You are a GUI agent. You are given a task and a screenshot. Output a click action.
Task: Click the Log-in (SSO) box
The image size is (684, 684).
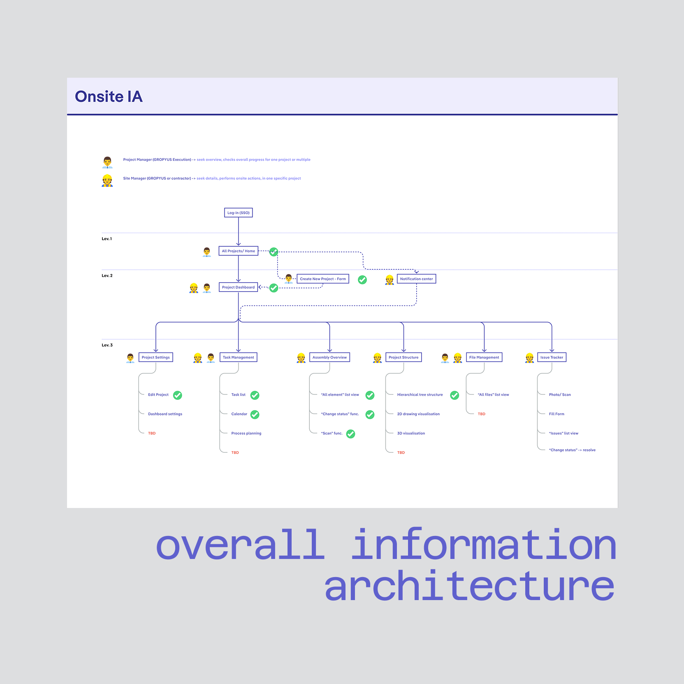coord(239,213)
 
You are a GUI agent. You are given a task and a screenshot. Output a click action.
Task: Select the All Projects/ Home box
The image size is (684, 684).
coord(239,251)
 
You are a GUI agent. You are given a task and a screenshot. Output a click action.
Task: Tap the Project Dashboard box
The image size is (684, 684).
coord(239,287)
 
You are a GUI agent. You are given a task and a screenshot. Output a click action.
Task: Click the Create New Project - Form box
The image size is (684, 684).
coord(323,279)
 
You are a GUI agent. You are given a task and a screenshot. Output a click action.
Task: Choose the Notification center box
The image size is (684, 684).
coord(416,279)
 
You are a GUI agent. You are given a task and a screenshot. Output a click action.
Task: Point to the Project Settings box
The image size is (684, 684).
coord(156,357)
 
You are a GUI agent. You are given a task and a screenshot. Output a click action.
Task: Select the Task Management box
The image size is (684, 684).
coord(239,357)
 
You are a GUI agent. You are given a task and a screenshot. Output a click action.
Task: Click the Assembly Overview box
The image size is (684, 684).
coord(329,357)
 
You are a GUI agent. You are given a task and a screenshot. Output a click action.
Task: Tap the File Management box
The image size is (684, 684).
coord(484,357)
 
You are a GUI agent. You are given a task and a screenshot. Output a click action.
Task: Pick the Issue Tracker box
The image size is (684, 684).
coord(552,357)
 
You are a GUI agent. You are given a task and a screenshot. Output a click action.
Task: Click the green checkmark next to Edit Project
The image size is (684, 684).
coord(178,395)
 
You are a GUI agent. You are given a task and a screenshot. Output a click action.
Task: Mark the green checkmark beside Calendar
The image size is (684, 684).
coord(255,415)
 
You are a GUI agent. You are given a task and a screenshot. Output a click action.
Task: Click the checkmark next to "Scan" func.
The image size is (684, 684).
coord(351,434)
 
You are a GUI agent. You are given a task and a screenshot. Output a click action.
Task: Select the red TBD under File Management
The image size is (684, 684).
coord(482,414)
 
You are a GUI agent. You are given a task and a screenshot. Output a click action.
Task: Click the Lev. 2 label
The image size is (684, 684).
coord(107,276)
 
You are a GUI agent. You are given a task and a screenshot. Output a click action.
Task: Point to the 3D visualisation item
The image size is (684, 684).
coord(411,433)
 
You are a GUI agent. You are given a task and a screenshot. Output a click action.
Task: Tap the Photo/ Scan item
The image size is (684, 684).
coord(560,394)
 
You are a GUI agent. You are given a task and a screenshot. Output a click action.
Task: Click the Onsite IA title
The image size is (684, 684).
coord(109,97)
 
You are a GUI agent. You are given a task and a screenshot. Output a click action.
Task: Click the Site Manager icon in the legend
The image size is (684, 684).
coord(107,181)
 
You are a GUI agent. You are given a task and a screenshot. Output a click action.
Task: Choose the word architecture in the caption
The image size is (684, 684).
coord(469,586)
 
